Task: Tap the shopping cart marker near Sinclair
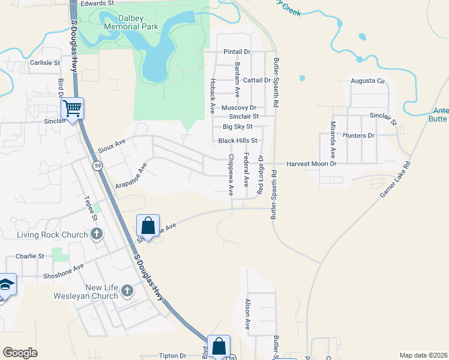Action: (x=72, y=109)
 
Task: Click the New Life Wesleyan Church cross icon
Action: (x=127, y=292)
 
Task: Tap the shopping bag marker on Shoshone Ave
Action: (x=148, y=227)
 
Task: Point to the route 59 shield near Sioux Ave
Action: (x=97, y=165)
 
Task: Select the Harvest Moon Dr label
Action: (x=311, y=163)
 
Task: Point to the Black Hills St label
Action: (x=238, y=140)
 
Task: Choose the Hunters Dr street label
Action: (x=358, y=136)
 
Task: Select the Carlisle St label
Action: (x=45, y=62)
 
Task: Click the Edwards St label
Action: (x=97, y=4)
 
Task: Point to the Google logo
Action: (x=20, y=353)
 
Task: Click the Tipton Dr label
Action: (x=173, y=356)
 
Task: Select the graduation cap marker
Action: (x=6, y=286)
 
